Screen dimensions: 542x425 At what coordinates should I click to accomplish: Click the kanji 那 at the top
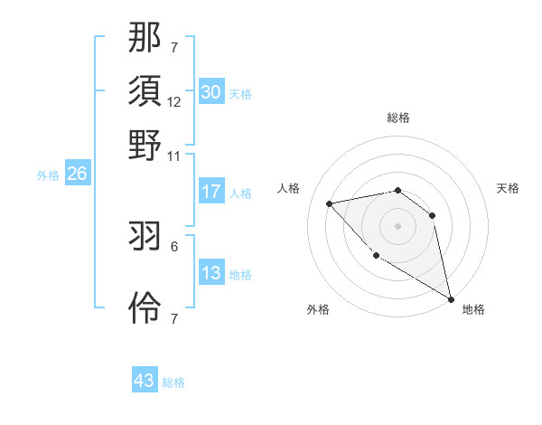click(145, 37)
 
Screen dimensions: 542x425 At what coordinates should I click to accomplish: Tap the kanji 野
click(145, 145)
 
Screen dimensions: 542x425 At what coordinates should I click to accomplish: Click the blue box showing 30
click(211, 92)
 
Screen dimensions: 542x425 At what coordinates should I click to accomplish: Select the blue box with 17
click(211, 192)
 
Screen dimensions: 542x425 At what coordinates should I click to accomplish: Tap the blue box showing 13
click(211, 273)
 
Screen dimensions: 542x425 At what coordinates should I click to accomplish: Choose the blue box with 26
click(77, 175)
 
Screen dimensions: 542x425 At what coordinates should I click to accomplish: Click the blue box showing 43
click(145, 381)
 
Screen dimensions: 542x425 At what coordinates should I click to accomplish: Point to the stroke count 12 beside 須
click(174, 101)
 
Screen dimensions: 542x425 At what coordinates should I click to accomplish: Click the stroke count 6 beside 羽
click(174, 245)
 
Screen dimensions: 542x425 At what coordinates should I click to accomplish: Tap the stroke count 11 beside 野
click(174, 156)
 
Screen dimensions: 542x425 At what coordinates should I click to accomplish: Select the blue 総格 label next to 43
click(173, 382)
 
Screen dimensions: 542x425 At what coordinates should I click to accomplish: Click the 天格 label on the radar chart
click(508, 188)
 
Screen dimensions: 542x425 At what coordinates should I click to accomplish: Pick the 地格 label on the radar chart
click(473, 309)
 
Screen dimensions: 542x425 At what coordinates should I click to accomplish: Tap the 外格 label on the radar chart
click(318, 309)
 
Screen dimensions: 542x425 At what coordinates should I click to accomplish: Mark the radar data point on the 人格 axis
click(331, 203)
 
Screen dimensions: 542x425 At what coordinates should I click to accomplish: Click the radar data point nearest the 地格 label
click(451, 299)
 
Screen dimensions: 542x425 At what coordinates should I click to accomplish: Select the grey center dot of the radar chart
click(397, 225)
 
